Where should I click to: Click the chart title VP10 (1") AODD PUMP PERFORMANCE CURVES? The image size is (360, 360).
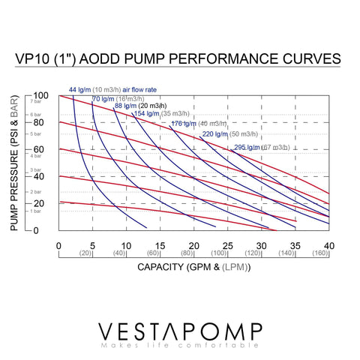click(180, 58)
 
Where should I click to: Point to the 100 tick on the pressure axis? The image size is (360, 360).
click(40, 95)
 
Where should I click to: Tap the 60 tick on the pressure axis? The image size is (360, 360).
click(40, 149)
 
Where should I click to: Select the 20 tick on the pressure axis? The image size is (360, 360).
click(40, 203)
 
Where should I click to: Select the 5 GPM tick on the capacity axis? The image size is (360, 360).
click(93, 246)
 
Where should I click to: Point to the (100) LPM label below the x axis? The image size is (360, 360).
click(220, 254)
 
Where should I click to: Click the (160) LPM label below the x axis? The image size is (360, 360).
click(320, 254)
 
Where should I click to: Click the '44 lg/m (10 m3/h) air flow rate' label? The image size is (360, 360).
click(113, 89)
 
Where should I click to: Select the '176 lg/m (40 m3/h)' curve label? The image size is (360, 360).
click(199, 124)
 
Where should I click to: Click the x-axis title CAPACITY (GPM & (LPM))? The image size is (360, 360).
click(193, 267)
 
